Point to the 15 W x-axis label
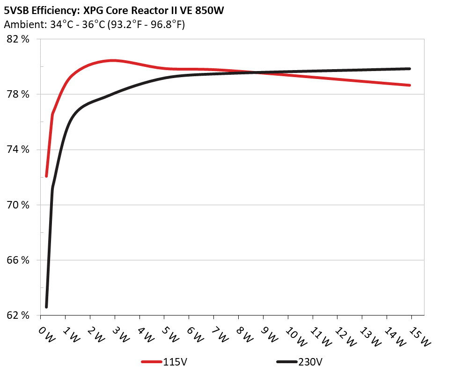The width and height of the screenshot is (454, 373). click(x=418, y=336)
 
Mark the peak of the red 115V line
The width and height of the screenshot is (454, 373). click(x=113, y=60)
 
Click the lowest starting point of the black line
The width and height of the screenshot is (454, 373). click(x=46, y=307)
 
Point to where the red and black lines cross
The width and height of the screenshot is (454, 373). click(x=257, y=72)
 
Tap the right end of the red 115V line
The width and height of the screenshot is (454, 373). click(x=410, y=85)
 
